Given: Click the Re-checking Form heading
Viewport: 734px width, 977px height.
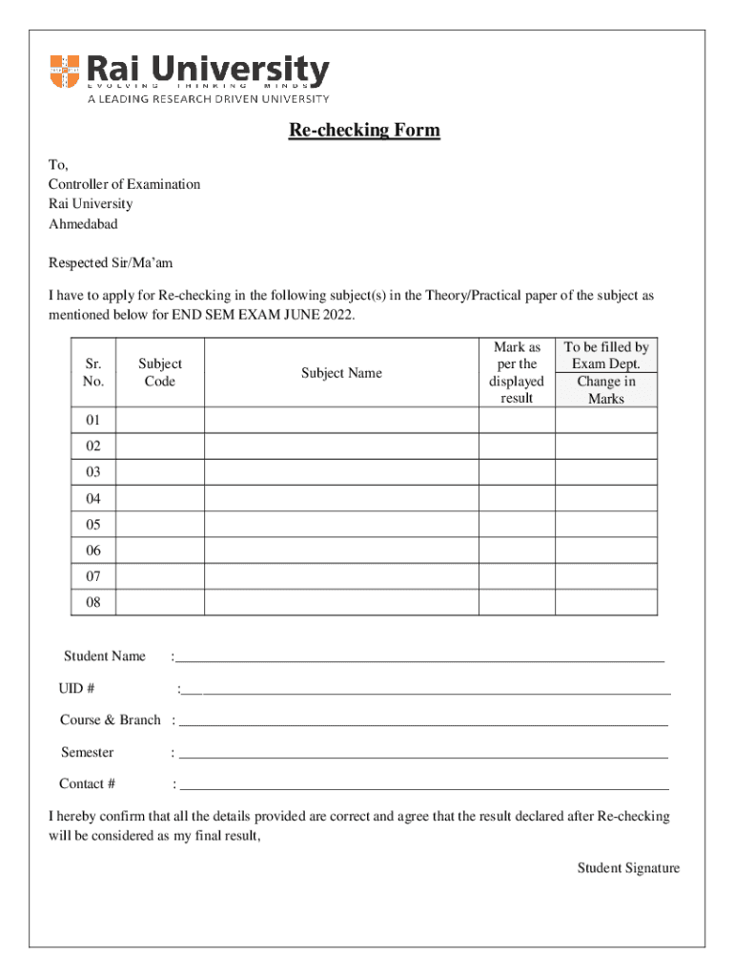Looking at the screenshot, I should [x=365, y=131].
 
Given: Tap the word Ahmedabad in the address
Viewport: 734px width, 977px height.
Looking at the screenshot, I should [x=83, y=224].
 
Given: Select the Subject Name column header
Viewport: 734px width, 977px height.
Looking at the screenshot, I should [x=341, y=373].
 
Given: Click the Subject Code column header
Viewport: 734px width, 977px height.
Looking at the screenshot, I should [x=160, y=372].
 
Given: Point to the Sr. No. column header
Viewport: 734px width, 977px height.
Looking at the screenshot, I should [x=93, y=372].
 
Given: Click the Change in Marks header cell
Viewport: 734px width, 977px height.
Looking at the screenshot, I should [x=606, y=390].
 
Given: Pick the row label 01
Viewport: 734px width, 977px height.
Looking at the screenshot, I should [x=93, y=421].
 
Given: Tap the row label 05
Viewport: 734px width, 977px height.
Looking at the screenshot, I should [x=93, y=525].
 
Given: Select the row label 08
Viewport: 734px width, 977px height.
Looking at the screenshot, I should [x=93, y=603].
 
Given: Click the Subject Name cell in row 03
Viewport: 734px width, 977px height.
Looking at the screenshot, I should [x=341, y=472].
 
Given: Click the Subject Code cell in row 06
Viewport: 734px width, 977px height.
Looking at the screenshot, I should [x=160, y=551].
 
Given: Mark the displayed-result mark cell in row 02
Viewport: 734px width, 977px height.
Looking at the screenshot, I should [x=517, y=447].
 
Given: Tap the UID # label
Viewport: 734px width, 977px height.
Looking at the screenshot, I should [x=76, y=689].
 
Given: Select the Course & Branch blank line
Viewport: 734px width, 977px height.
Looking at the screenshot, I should [x=423, y=720].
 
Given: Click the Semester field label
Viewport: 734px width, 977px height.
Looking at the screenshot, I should [x=87, y=752].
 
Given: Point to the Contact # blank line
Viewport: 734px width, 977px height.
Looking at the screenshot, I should [x=423, y=784].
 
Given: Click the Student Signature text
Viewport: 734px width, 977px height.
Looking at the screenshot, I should [x=628, y=867].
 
